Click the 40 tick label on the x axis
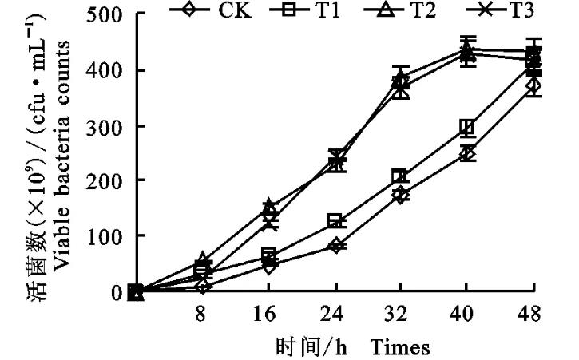pos(468,315)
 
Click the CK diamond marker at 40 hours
pos(468,153)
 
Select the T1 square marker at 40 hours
pos(468,128)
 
